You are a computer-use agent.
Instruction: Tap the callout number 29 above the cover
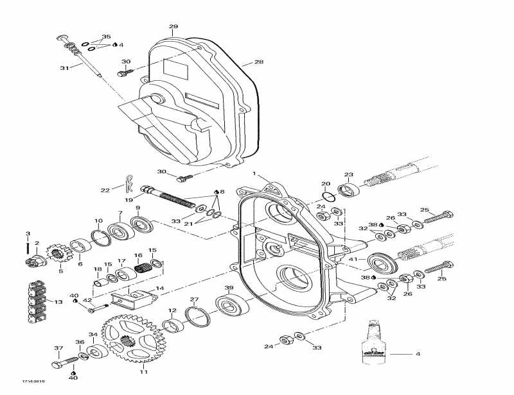click(x=173, y=26)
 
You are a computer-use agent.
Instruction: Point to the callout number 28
click(x=259, y=62)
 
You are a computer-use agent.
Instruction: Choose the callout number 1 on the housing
click(x=254, y=174)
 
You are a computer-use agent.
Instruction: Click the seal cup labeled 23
click(x=348, y=190)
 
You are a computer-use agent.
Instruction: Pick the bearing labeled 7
click(x=119, y=231)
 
